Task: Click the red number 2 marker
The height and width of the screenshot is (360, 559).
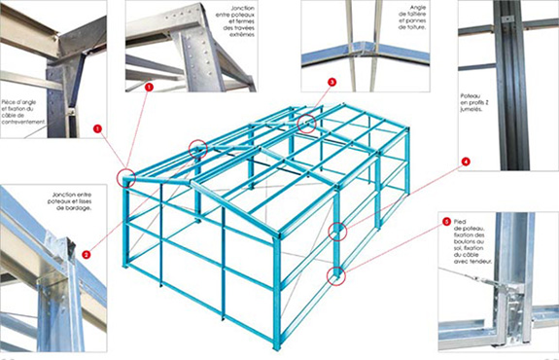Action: (x=87, y=254)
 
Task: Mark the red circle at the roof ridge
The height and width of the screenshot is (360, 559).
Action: (x=307, y=124)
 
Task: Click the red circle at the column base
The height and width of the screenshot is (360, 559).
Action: (x=336, y=275)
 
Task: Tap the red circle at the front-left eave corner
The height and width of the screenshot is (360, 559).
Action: (x=126, y=178)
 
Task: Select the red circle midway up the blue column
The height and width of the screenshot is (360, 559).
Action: (x=337, y=232)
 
